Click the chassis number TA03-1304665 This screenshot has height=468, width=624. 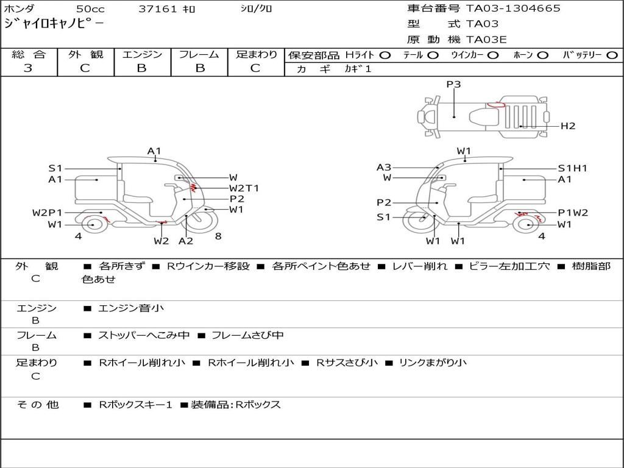tap(513, 9)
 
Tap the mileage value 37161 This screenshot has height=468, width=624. tap(158, 9)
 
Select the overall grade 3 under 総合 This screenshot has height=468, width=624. tap(28, 68)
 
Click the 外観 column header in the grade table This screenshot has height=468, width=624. tap(85, 54)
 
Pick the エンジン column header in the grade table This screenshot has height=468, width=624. tap(143, 54)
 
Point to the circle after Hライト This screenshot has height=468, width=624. tap(385, 55)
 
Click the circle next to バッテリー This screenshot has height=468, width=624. tap(612, 55)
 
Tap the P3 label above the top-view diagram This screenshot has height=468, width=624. tap(453, 84)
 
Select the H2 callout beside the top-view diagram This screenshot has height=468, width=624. tap(568, 126)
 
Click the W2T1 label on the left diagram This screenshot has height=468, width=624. tap(244, 188)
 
